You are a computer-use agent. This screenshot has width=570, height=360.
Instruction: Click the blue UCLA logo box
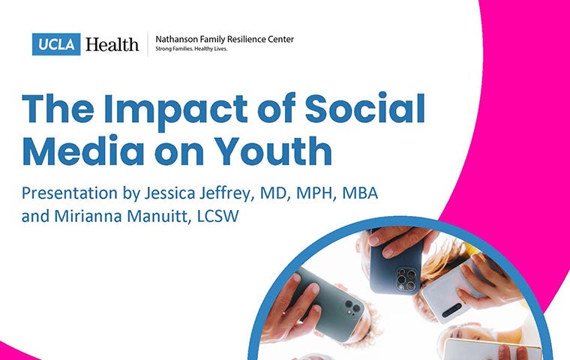pos(56,44)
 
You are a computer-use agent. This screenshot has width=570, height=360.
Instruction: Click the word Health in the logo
pos(112,44)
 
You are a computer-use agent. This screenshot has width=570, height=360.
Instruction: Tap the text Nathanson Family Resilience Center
pos(225,39)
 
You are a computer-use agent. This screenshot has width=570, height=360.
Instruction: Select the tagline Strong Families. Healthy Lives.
pos(191,49)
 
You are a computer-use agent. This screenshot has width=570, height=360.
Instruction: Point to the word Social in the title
pos(364,109)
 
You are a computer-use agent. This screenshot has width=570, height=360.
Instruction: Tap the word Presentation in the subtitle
pos(70,193)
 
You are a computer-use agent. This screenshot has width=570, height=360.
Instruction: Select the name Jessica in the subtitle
pos(169,193)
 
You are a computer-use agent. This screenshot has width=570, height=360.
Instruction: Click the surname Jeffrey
pos(225,193)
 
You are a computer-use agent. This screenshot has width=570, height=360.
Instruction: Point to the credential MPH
pos(314,193)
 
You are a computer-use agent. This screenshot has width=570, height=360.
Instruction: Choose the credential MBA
pos(360,193)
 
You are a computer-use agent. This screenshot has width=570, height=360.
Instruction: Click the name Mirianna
pos(88,216)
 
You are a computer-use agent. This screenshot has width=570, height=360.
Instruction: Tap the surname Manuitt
pos(158,216)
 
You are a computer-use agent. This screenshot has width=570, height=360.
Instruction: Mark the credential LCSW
pos(217,216)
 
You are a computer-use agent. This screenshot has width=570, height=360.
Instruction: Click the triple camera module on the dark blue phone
pos(407,278)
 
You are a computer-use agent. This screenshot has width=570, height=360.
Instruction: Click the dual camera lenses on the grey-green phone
pos(352,307)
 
